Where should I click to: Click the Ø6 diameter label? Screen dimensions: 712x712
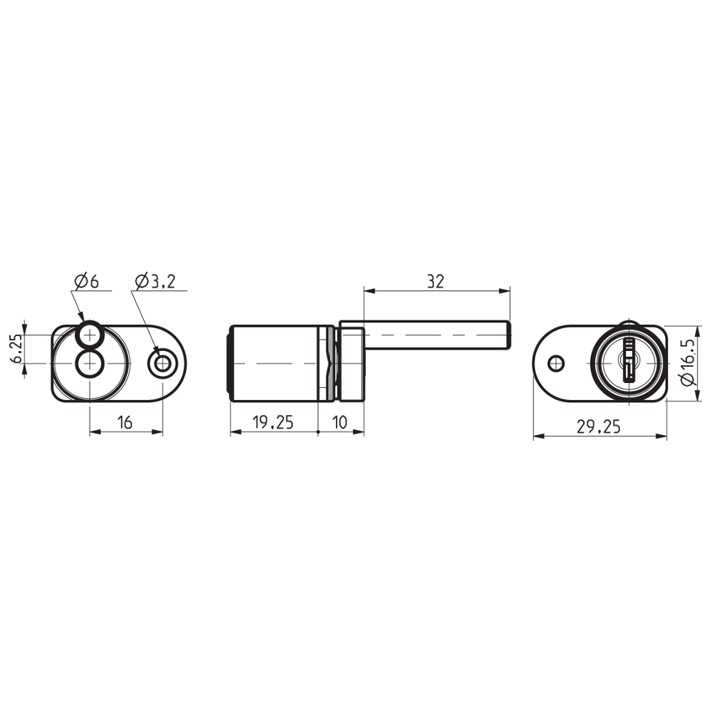[x=85, y=281]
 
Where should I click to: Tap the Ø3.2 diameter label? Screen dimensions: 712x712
[x=153, y=281]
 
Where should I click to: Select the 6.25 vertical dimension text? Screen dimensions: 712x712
[x=16, y=348]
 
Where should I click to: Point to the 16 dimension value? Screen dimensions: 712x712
[x=125, y=422]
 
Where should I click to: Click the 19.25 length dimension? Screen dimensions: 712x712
[x=273, y=422]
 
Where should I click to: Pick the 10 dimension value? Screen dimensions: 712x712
[x=340, y=422]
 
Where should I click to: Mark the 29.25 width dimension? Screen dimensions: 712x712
[x=599, y=426]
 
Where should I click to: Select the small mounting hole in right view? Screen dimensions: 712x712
[x=555, y=362]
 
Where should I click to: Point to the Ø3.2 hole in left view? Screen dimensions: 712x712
[x=163, y=363]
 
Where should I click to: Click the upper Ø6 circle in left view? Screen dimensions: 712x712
[x=90, y=333]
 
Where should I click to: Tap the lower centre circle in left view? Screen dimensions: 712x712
[x=90, y=363]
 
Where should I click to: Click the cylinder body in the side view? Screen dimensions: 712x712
[x=278, y=363]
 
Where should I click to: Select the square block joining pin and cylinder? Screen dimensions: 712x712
[x=351, y=363]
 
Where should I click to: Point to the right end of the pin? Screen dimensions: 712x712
[x=508, y=335]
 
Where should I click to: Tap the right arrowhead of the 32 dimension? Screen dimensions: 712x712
[x=506, y=290]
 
